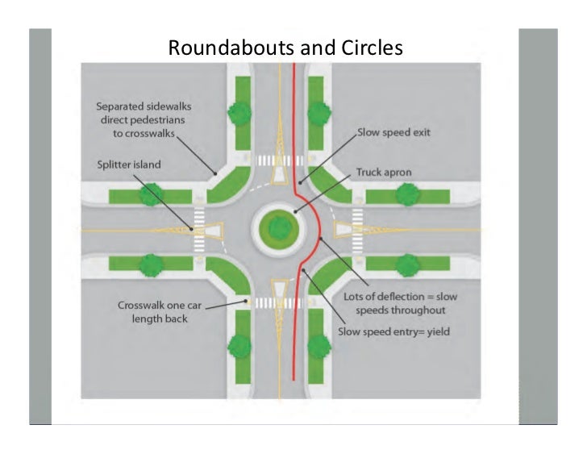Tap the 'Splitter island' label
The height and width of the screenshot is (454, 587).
123,165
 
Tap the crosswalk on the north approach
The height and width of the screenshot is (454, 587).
274,161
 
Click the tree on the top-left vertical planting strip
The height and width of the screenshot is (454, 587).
240,114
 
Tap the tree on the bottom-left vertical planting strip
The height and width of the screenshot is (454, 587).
240,348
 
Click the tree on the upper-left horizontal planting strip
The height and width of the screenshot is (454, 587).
150,194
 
